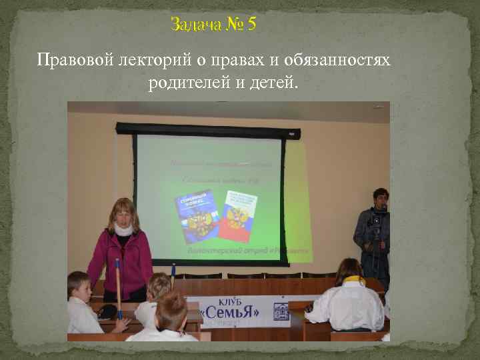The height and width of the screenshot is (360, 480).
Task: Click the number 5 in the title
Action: (251, 25)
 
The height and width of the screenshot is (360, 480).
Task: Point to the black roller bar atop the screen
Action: (207, 129)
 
